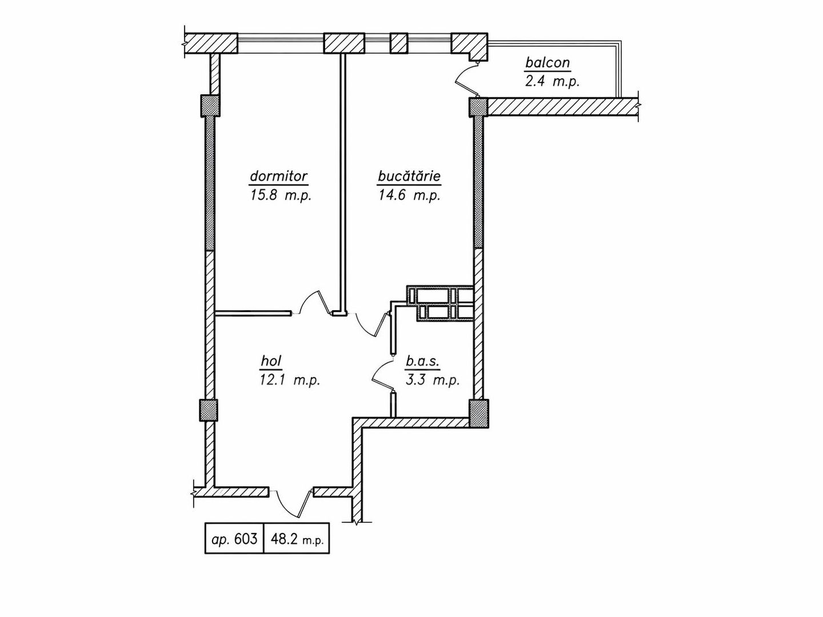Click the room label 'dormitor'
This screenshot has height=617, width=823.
pos(279,176)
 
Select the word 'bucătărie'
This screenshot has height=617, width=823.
pos(409,176)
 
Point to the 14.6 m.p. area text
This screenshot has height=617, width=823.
pos(409,195)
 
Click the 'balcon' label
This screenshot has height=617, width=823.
pos(548,62)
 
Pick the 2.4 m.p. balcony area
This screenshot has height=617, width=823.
pos(552,81)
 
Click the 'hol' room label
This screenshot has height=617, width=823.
pos(272,360)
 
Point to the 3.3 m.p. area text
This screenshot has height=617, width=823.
pos(433,380)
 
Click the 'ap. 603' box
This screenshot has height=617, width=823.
pos(234,538)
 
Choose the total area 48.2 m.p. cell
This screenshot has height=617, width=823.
pos(297,538)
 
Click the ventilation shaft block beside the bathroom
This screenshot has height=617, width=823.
pos(440,303)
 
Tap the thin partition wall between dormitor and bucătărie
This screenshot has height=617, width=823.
pos(343,183)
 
